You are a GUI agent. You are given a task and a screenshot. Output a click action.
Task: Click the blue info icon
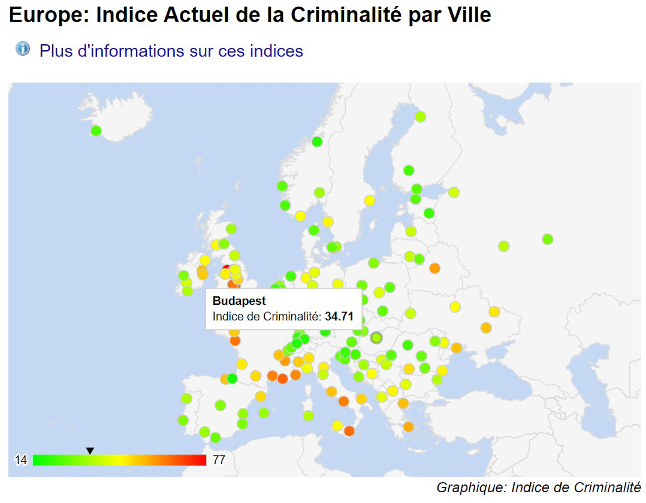(23, 49)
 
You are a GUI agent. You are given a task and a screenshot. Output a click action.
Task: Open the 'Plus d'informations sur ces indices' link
(171, 51)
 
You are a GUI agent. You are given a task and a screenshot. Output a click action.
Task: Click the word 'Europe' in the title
(47, 16)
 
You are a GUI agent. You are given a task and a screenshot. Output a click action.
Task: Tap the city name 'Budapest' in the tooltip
(239, 301)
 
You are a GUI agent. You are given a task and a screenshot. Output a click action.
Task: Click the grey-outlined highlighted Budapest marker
(376, 338)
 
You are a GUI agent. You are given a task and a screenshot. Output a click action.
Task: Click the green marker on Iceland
(96, 131)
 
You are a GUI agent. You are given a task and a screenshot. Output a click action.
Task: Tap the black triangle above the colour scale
(90, 450)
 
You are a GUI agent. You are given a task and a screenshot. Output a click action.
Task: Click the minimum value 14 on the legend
(21, 460)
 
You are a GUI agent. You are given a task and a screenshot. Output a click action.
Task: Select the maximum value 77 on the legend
(219, 460)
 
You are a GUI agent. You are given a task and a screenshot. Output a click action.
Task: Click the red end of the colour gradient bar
(201, 460)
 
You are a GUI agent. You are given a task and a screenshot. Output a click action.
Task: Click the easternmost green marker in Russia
(547, 239)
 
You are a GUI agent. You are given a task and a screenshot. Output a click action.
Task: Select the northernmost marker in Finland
(420, 117)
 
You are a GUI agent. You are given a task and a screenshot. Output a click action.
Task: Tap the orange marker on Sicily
(349, 431)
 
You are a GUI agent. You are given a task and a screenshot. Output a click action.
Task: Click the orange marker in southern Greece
(408, 426)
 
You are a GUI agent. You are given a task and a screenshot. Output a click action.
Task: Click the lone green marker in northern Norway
(317, 142)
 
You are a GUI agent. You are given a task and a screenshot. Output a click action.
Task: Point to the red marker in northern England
(227, 269)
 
